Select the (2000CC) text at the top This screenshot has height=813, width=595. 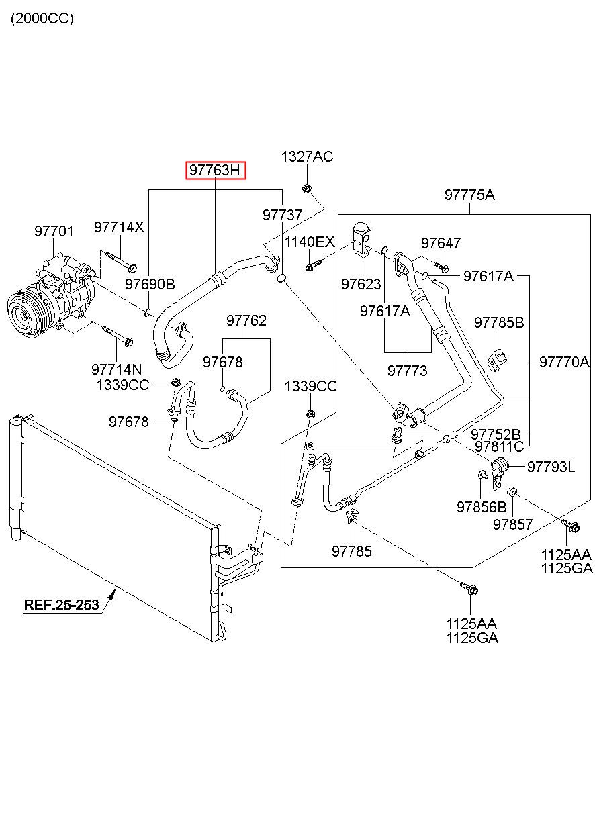click(42, 19)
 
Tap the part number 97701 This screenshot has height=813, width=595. click(54, 232)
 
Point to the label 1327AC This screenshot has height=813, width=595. click(307, 157)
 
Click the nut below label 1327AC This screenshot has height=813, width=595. click(306, 188)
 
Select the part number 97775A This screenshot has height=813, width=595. click(469, 195)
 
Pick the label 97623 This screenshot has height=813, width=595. click(361, 284)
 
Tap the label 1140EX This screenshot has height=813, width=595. click(309, 242)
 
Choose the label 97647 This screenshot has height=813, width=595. click(441, 243)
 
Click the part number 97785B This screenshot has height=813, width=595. click(498, 322)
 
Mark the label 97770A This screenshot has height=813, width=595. click(563, 363)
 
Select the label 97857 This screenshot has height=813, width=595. click(512, 524)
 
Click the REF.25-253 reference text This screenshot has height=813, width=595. click(61, 605)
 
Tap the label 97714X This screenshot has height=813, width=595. click(119, 227)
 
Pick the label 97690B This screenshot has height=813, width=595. click(150, 284)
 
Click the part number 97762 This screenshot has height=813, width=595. click(246, 321)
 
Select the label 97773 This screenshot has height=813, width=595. click(407, 370)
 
